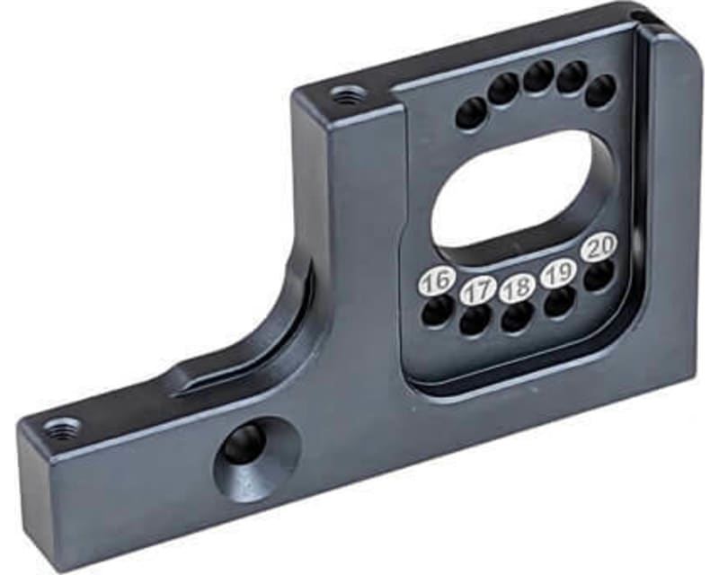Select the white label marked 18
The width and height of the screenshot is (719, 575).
coord(518,288)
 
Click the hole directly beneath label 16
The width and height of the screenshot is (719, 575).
coord(437,311)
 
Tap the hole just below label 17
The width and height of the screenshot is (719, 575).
coord(475,320)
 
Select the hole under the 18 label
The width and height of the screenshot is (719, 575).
coord(518,317)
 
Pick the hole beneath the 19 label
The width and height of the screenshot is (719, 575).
coord(559,302)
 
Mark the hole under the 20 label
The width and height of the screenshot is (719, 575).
coord(599,275)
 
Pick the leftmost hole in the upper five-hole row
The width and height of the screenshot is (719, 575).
coord(471,113)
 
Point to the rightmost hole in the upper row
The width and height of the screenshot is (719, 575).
coord(600,91)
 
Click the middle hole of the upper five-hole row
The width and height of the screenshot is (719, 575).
coord(538,77)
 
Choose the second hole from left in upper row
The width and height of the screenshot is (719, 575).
coord(503,89)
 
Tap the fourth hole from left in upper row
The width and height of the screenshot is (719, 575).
coord(572,78)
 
